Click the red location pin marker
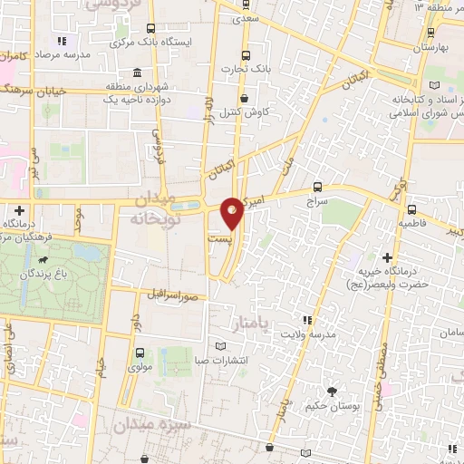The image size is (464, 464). (x=233, y=214)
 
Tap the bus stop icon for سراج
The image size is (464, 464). (x=317, y=181)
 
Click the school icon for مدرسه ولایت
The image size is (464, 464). (x=306, y=320)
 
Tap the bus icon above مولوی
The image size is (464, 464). (x=140, y=353)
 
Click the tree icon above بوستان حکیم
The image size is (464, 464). (x=331, y=391)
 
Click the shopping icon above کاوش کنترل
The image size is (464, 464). (x=244, y=99)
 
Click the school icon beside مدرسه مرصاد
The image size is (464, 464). (x=62, y=41)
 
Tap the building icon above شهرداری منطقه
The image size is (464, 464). (x=138, y=73)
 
